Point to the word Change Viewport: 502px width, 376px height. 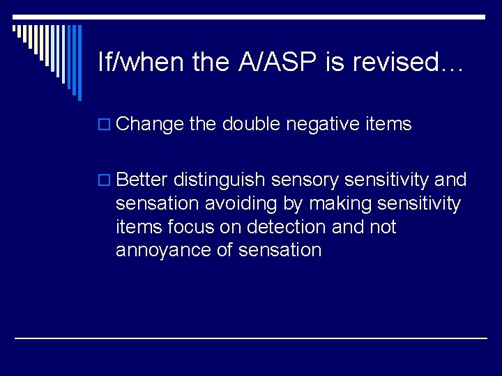pos(150,125)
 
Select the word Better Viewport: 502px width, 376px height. pos(142,180)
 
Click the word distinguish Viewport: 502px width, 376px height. pos(220,180)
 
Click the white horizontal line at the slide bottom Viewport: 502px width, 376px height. pos(251,338)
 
